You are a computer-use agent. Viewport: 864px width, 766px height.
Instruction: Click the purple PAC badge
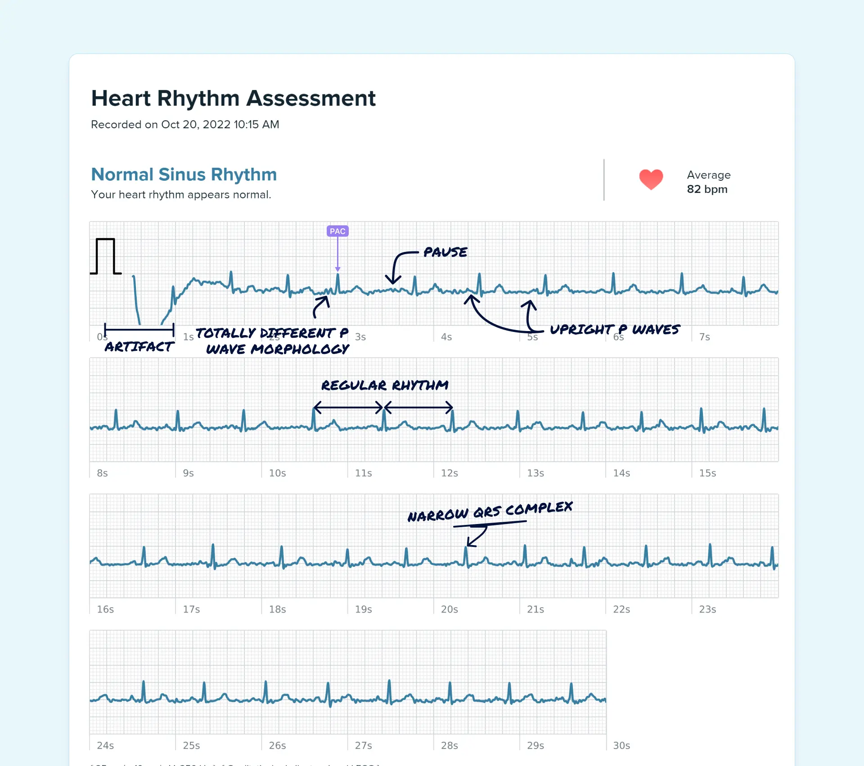point(337,231)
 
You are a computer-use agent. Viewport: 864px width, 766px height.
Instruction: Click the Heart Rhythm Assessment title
point(233,98)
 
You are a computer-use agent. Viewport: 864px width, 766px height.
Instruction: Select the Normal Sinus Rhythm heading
point(184,175)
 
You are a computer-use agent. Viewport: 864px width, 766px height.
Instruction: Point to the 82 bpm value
point(707,189)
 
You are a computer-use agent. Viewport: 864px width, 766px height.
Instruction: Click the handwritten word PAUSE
point(445,252)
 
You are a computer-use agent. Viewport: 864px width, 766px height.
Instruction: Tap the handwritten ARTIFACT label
point(139,347)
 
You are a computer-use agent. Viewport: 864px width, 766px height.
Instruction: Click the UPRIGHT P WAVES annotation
point(614,330)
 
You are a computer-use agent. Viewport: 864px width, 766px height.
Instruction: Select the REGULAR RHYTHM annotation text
point(384,385)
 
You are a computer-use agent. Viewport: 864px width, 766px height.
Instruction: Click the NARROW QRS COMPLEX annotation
point(490,511)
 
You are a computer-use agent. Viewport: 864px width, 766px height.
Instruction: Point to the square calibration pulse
point(105,256)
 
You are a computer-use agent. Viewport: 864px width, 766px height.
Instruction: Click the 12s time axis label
point(449,473)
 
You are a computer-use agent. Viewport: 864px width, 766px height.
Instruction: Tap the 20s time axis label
point(449,609)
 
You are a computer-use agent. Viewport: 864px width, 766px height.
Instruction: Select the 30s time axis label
point(621,746)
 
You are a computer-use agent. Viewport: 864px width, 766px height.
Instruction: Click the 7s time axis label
point(704,337)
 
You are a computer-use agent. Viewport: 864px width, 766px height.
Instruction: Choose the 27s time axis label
point(363,746)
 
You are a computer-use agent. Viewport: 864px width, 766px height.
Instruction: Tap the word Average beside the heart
point(708,175)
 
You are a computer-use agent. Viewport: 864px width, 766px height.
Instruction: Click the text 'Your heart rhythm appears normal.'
point(181,195)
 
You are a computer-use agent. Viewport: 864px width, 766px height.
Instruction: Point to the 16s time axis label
point(105,609)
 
